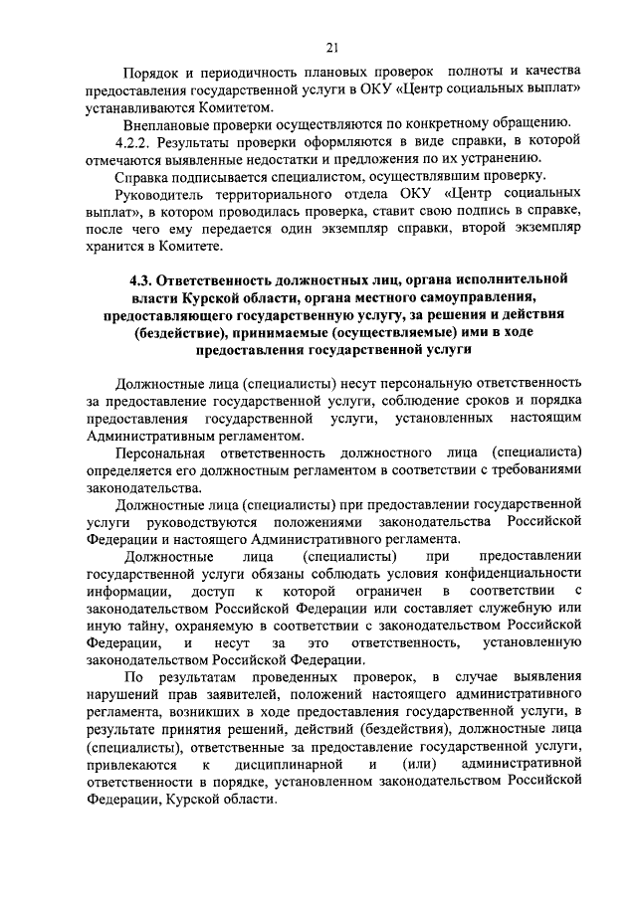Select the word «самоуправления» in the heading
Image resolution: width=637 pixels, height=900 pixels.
[470, 297]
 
